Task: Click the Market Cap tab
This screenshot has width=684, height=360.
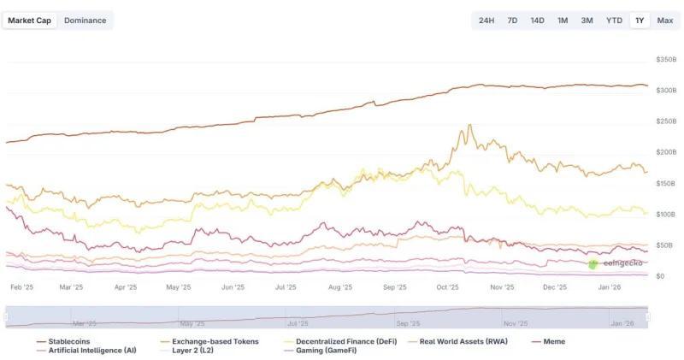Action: point(30,21)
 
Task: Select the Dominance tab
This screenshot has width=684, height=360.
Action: point(85,21)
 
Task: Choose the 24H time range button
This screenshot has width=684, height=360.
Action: point(486,21)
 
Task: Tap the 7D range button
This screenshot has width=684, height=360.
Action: point(512,21)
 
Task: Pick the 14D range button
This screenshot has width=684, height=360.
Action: point(537,21)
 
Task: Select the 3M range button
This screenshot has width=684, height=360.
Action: point(587,21)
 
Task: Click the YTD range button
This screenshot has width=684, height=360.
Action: point(614,21)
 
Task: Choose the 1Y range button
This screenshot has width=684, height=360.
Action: point(639,21)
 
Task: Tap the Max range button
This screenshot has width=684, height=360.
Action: point(664,21)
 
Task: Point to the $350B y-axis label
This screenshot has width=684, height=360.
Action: point(665,60)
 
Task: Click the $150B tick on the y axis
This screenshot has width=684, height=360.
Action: point(665,184)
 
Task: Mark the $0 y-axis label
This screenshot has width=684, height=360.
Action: point(659,276)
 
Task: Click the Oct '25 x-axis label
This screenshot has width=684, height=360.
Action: point(448,288)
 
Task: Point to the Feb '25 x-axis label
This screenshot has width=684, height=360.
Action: point(22,288)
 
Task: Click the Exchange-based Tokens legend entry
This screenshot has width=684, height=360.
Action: point(209,341)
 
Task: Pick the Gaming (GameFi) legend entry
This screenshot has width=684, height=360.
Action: point(317,351)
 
